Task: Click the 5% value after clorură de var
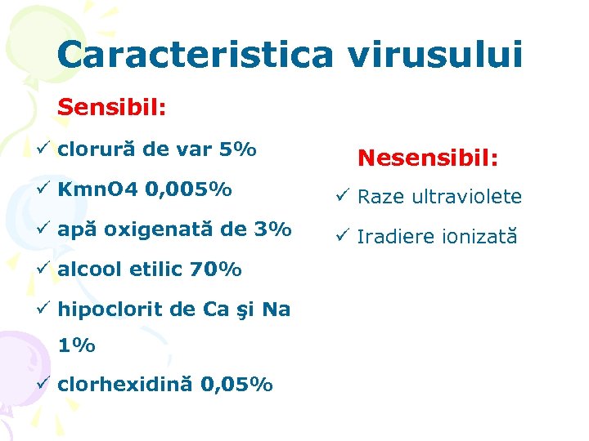pyautogui.click(x=238, y=150)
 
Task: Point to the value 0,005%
pyautogui.click(x=187, y=190)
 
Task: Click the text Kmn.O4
pyautogui.click(x=97, y=190)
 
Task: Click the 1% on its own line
pyautogui.click(x=76, y=345)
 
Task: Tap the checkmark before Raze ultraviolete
pyautogui.click(x=343, y=196)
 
